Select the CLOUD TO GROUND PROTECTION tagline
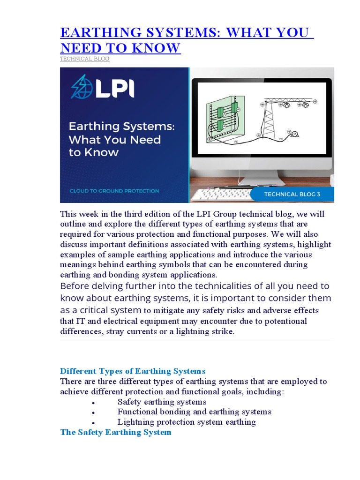pos(114,191)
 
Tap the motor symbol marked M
pos(295,134)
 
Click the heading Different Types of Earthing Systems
pos(133,372)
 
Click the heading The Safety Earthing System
pos(116,432)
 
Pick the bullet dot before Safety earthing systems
pos(94,403)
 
